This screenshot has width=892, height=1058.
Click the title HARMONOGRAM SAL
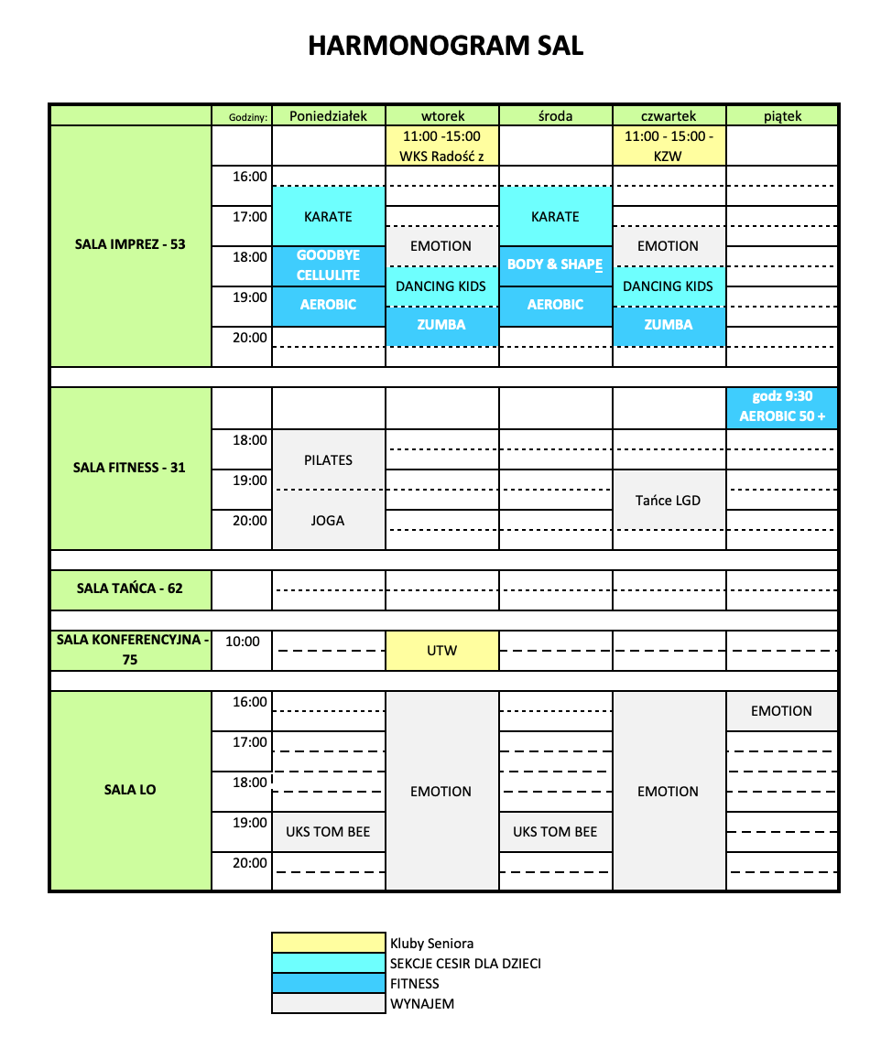(x=445, y=47)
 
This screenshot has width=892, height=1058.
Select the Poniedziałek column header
(x=328, y=116)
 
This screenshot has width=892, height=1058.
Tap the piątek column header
(x=782, y=116)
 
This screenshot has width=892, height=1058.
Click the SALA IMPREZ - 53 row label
(x=130, y=244)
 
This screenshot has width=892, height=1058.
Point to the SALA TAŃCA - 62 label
(x=130, y=588)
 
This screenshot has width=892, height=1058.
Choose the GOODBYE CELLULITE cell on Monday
(x=328, y=265)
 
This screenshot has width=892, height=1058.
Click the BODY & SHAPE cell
(x=555, y=264)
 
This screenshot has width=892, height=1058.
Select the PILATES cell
(x=328, y=460)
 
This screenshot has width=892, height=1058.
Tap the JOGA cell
(x=328, y=521)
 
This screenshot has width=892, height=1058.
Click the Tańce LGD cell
(x=669, y=501)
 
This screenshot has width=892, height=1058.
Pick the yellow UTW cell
(x=441, y=651)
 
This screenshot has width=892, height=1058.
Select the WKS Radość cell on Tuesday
(x=441, y=146)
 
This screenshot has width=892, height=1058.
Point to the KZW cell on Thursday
(x=669, y=146)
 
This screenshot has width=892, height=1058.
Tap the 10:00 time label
(x=243, y=642)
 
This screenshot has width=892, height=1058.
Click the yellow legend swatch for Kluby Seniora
(x=329, y=943)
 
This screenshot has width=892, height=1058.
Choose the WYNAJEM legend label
(x=422, y=1004)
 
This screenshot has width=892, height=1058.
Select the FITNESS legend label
(x=415, y=984)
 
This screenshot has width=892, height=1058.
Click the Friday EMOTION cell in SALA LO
(x=782, y=711)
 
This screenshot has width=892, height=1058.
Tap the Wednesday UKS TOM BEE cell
(x=555, y=832)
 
